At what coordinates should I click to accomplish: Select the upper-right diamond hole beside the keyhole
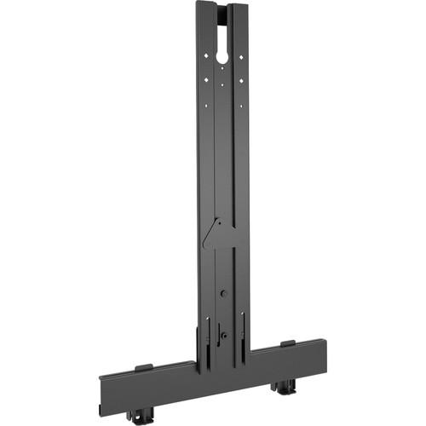click(x=241, y=57)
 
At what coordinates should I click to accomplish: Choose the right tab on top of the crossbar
click(x=288, y=343)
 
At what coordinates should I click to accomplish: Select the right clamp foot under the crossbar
click(x=281, y=388)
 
